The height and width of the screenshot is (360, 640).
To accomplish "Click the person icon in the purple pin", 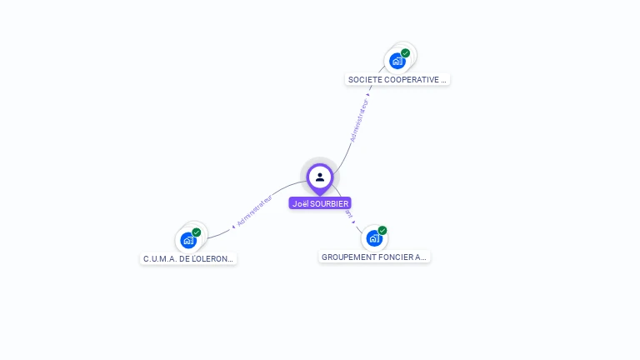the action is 320,177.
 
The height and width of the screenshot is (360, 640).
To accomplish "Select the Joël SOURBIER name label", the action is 320,203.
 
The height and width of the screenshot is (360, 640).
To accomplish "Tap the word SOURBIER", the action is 329,203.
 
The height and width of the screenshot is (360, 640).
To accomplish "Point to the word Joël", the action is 300,203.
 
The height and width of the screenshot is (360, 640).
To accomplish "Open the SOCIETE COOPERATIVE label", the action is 397,80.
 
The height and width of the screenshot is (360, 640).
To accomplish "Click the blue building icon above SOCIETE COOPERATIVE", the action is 397,61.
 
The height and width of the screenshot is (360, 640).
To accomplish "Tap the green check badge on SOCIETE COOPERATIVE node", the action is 406,53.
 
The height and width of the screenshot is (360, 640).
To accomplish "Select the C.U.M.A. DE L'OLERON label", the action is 188,259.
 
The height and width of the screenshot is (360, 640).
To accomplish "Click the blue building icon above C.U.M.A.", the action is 188,240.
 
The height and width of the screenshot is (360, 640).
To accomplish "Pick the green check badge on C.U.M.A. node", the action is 197,232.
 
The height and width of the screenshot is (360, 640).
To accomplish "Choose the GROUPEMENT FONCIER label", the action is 374,257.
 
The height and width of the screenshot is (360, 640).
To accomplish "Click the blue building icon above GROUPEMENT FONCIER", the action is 374,238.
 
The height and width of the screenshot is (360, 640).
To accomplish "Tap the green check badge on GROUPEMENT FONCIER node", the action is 382,230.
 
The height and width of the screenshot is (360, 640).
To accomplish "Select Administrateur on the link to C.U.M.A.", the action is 254,211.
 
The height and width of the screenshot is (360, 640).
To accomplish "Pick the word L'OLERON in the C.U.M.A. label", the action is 212,259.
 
